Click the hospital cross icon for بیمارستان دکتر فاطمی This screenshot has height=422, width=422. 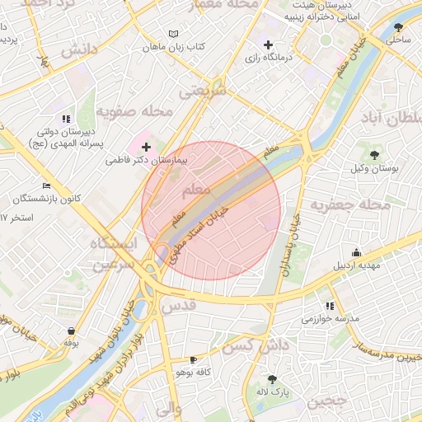147,147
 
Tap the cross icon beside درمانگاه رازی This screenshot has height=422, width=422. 267,45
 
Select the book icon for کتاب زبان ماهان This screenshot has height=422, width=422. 172,34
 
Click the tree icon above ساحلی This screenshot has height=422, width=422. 399,26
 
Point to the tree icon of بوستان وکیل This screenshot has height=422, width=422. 374,154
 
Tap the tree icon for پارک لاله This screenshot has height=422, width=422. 272,380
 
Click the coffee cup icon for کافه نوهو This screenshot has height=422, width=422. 193,360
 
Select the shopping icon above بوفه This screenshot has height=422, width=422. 71,331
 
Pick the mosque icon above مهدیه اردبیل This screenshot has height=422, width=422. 356,253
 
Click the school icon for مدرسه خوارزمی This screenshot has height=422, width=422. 331,306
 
